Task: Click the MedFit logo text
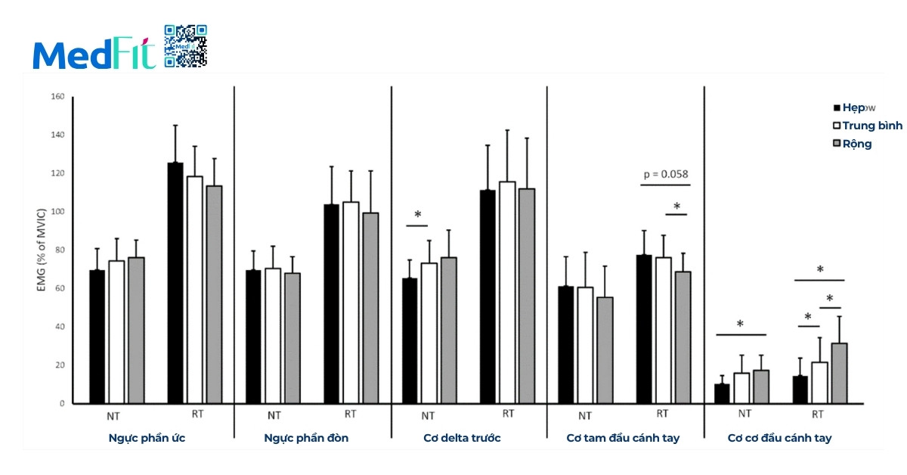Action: coord(94,54)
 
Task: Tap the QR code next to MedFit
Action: coord(185,46)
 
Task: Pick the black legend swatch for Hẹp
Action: coord(837,108)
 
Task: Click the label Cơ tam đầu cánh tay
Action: coord(623,438)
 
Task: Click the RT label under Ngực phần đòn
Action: coord(350,414)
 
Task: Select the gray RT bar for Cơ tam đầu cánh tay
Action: coord(683,337)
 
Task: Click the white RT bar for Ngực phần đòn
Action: coord(351,303)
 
